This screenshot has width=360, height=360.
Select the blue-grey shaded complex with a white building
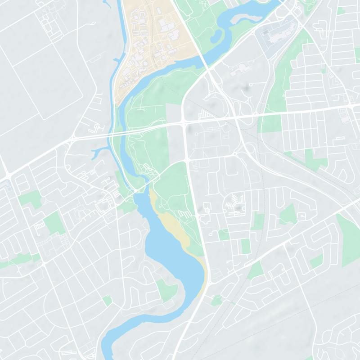click(x=274, y=36)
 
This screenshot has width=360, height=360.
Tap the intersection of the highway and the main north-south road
click(x=185, y=121)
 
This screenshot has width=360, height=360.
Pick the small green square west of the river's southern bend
click(x=107, y=301)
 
